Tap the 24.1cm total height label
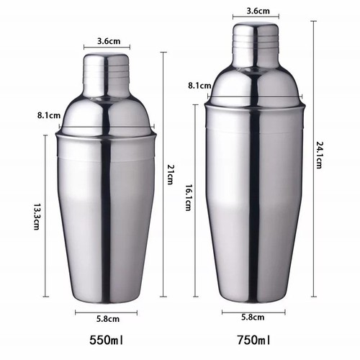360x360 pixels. coord(319,155)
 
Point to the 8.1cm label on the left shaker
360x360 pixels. coord(48,114)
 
